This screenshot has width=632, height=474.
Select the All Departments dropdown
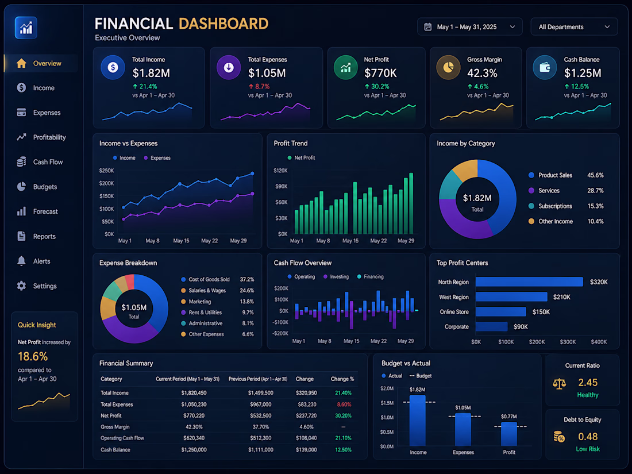point(574,27)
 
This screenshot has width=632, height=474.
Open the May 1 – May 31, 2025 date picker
point(469,27)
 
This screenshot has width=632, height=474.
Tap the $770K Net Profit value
point(380,73)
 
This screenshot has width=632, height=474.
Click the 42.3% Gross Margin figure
point(482,73)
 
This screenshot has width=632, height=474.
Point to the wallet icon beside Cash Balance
point(545,67)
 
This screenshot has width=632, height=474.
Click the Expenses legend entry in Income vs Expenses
point(157,158)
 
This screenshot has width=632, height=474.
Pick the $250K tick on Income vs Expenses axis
point(106,171)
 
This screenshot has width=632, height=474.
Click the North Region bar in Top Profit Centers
point(529,282)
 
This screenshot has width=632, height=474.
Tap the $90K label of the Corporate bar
point(521,327)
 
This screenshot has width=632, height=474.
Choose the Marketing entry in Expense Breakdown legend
point(196,302)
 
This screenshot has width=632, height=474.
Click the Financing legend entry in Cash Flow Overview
point(370,276)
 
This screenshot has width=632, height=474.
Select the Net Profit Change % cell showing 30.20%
point(343,415)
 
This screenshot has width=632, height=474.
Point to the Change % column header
point(342,379)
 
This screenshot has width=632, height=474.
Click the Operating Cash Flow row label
point(122,438)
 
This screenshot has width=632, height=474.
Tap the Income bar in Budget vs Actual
point(418,421)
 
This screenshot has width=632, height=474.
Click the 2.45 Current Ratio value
point(588,383)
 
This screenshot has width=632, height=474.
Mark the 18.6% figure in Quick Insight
point(33,357)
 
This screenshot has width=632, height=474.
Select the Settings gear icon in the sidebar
point(21,286)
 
